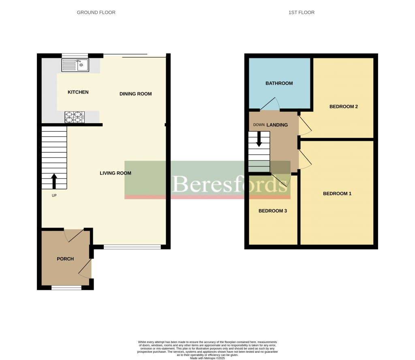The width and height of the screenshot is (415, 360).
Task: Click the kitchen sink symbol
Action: click(x=75, y=65)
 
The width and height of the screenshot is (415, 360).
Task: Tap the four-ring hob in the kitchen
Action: click(x=75, y=117)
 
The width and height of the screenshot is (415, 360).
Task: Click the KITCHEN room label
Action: click(x=78, y=92)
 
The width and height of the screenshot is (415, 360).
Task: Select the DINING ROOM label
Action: click(x=135, y=94)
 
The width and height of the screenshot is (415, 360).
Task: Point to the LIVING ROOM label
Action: click(x=116, y=173)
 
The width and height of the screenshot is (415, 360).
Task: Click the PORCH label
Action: click(x=65, y=259)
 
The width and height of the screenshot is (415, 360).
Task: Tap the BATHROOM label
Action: click(x=279, y=83)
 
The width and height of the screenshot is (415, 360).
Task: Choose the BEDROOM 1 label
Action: click(x=337, y=194)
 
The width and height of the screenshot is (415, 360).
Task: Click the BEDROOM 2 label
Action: click(x=343, y=107)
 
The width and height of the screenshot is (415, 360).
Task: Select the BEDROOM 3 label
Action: click(x=273, y=211)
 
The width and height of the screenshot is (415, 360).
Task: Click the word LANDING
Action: click(x=277, y=125)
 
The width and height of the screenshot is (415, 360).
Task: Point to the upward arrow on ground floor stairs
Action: click(x=54, y=181)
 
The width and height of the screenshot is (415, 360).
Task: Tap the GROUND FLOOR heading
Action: click(x=96, y=13)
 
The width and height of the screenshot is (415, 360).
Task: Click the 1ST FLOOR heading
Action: click(x=301, y=13)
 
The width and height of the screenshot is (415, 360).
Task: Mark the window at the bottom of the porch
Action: click(x=66, y=288)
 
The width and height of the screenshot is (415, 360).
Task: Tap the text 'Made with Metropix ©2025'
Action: click(x=207, y=358)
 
